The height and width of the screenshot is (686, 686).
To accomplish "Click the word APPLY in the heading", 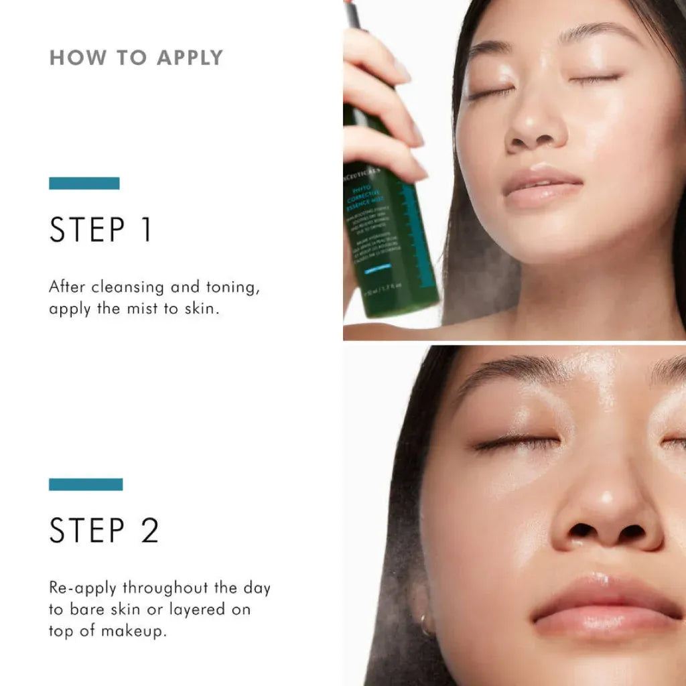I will click(189, 58).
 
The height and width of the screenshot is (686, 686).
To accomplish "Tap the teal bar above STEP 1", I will click(84, 183).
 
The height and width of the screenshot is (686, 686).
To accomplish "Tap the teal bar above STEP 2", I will click(86, 484).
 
